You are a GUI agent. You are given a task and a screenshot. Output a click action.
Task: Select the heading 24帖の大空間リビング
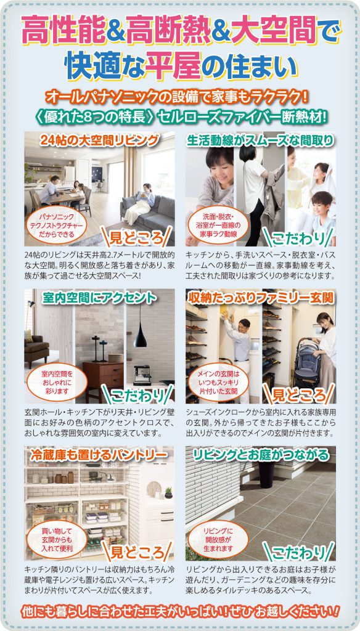[99, 140]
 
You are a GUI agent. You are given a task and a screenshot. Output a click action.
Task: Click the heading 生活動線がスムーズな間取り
[261, 140]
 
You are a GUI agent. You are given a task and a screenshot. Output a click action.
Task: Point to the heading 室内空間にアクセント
[99, 298]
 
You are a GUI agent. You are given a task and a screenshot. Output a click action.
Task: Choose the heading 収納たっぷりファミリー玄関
[261, 298]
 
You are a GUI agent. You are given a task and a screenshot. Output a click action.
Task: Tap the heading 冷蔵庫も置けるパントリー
[99, 455]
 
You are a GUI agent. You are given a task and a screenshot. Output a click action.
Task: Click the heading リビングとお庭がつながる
[261, 455]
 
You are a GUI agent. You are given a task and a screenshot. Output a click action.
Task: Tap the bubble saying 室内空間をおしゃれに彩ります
[57, 382]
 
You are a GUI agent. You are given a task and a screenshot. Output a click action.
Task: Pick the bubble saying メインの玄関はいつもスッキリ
[218, 382]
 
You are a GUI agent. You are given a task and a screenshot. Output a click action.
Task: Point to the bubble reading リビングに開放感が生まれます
[218, 539]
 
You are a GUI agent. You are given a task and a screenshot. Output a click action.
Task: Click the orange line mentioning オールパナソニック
[177, 97]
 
